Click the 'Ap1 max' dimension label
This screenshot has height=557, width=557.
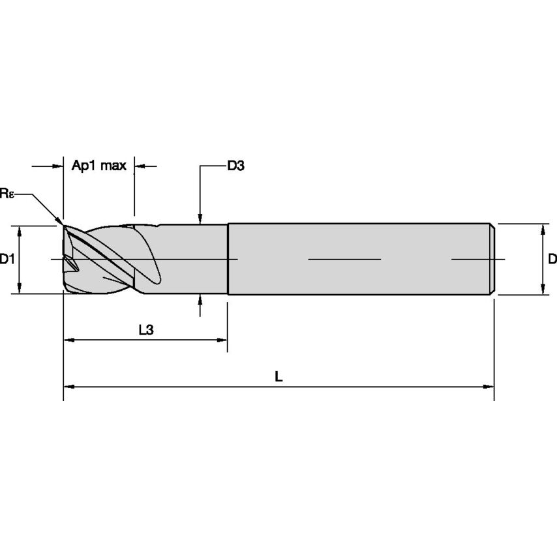coord(98,166)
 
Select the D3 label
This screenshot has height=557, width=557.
coord(235,166)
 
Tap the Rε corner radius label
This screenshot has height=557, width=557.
coord(7,193)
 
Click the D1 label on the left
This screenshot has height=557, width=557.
coord(7,260)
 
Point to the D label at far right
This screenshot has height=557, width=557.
coord(552,260)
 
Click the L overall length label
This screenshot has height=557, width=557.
coord(278,376)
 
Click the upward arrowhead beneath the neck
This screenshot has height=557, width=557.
coord(200,299)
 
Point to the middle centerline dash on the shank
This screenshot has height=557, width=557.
coord(344,260)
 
